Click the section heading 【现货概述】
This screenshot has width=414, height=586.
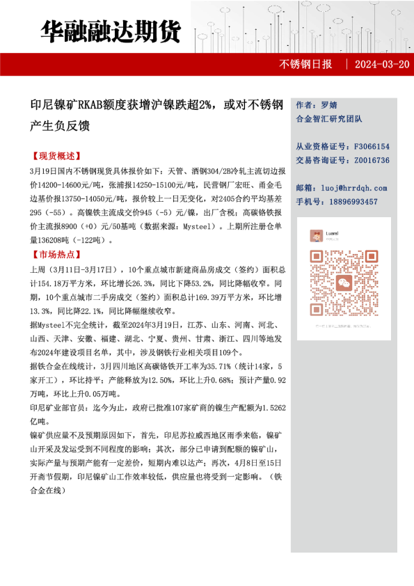[x=56, y=156]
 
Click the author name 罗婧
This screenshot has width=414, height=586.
[x=329, y=105]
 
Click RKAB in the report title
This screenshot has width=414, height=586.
[x=90, y=106]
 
